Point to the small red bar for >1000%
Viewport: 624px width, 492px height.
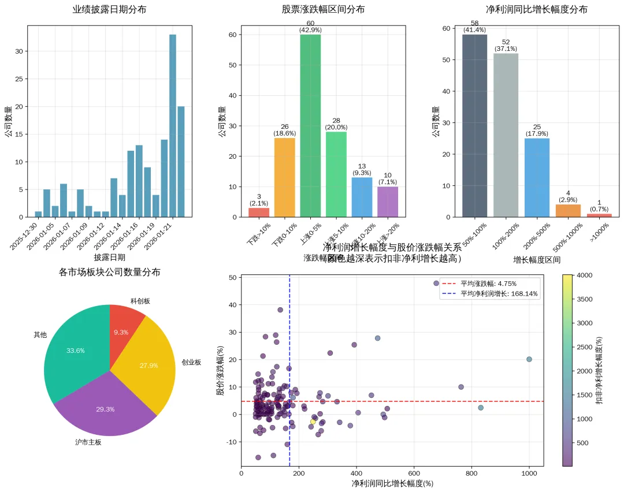point(599,215)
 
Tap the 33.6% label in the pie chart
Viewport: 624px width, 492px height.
point(76,351)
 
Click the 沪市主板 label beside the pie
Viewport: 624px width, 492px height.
point(88,442)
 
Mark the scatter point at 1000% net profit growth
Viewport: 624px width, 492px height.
point(529,359)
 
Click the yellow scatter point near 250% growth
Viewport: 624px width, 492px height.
point(313,422)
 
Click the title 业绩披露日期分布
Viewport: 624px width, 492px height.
point(109,9)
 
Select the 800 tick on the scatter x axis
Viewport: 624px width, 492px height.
point(471,474)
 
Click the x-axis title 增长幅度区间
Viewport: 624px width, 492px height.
point(537,260)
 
